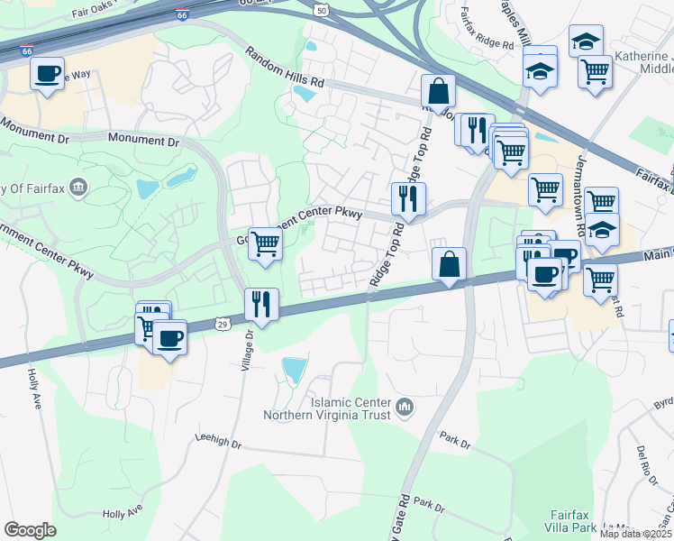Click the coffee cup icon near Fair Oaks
pos(48,73)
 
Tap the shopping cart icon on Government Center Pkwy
pos(265,243)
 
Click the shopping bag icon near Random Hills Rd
pos(438,91)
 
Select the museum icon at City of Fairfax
pos(78,187)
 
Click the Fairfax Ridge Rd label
pos(491,27)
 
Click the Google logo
pos(30,530)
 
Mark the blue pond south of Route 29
pos(294,370)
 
